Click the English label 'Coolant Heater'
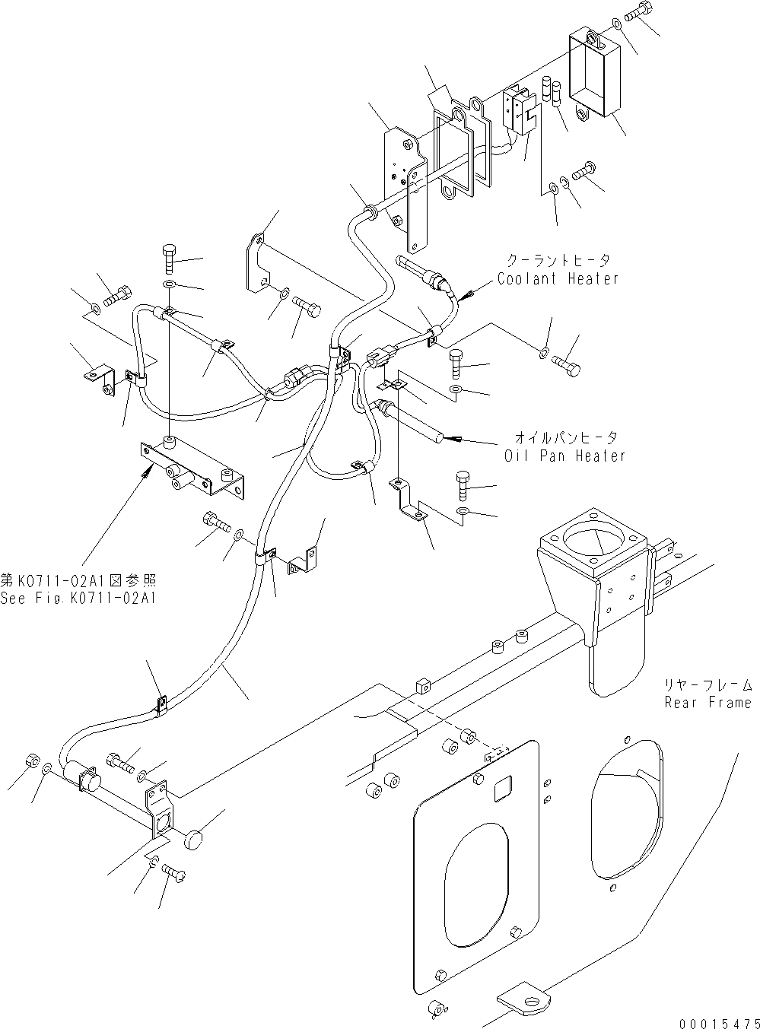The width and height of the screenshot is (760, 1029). click(x=558, y=279)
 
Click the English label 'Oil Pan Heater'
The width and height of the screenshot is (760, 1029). click(x=564, y=456)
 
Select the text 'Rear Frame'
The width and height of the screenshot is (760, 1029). click(x=708, y=703)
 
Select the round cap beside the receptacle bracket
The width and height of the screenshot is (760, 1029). click(x=196, y=840)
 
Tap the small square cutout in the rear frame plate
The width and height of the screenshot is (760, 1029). click(x=504, y=792)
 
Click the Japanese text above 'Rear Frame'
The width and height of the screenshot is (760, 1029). click(x=708, y=684)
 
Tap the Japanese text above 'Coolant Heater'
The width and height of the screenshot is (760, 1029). click(x=558, y=261)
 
